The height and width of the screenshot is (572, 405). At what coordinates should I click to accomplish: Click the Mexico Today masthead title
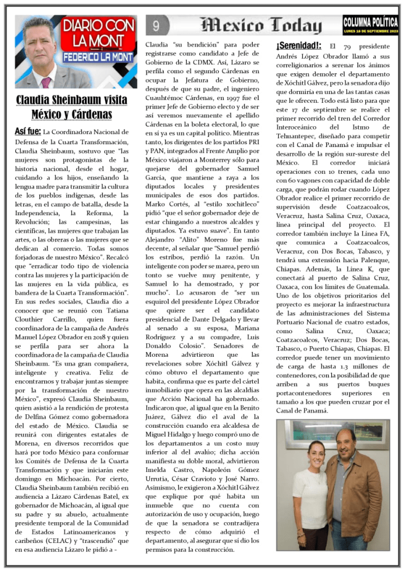(x=261, y=25)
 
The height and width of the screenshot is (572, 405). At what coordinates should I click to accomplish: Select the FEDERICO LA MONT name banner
(x=98, y=57)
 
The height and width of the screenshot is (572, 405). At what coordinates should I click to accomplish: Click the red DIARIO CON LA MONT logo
(x=98, y=35)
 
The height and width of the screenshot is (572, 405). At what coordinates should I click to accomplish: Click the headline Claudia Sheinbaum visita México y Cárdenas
(x=72, y=108)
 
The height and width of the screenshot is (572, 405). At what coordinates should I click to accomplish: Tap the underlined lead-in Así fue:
(x=27, y=131)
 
